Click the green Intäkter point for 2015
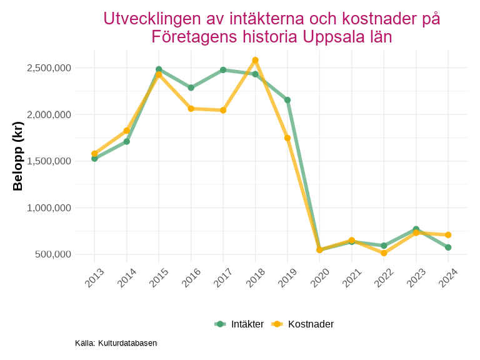coord(159,69)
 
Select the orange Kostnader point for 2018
coord(255,60)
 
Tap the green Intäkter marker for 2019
coord(287,100)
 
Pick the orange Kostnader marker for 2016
coord(191,109)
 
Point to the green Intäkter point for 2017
coord(223,70)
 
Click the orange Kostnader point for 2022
coord(384,253)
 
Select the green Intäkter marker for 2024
coord(448,247)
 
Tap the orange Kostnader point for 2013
coord(94,154)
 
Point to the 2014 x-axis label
coord(126,278)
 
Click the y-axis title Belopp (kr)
coord(18,156)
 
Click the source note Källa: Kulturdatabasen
coord(116,343)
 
